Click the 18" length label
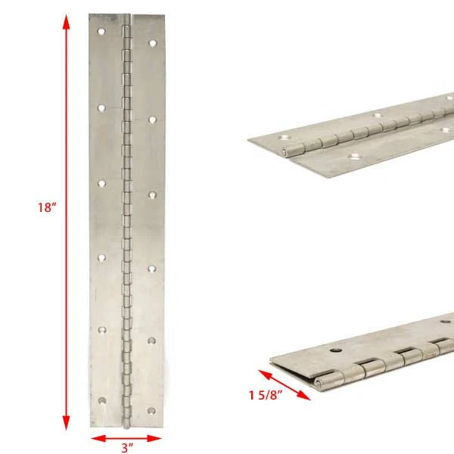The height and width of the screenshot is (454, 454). tap(47, 207)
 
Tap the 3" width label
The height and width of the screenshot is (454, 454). tap(127, 447)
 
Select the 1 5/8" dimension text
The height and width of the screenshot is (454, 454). tap(266, 395)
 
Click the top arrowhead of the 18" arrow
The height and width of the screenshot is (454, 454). tap(67, 22)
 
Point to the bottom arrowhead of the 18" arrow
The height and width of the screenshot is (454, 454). tap(67, 422)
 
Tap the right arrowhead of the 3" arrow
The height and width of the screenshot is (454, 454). tap(154, 438)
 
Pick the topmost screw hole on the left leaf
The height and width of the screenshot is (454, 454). tap(101, 31)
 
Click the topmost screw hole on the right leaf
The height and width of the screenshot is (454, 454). tap(153, 43)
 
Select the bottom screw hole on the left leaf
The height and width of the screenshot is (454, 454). tap(102, 401)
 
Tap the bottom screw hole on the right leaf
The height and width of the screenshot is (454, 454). tap(151, 411)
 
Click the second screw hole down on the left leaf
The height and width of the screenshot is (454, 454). tap(101, 108)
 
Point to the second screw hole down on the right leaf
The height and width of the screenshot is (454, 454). tap(152, 120)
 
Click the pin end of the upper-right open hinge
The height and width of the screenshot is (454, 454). tap(285, 151)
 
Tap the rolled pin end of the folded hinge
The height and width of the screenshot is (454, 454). tap(319, 384)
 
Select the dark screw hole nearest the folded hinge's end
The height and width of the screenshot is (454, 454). tap(336, 350)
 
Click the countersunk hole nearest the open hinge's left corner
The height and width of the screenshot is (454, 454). tap(285, 137)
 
